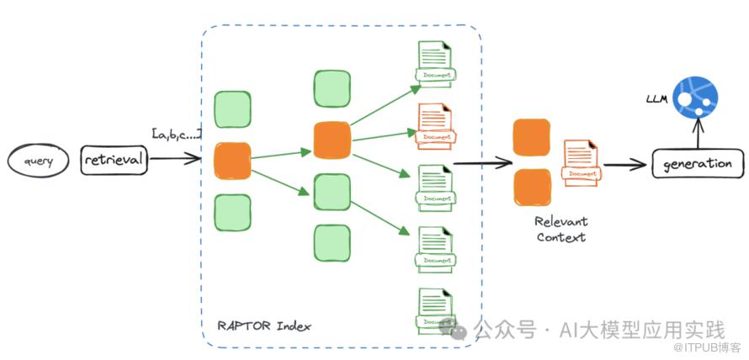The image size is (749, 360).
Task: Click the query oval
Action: click(x=35, y=160)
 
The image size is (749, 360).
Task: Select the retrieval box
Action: click(x=114, y=158)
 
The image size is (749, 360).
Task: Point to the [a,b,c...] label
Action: click(x=175, y=133)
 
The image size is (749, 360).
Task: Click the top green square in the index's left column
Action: click(x=231, y=109)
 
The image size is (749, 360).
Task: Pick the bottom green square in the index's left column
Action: click(x=231, y=211)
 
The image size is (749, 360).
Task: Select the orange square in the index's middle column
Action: click(x=332, y=140)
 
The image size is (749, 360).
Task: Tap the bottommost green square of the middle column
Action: click(x=332, y=241)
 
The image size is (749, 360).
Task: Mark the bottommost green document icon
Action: click(x=434, y=309)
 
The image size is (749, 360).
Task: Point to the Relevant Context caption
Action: click(x=561, y=229)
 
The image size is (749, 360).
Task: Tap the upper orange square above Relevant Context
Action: click(x=531, y=137)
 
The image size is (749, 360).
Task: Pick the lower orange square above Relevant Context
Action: click(x=531, y=187)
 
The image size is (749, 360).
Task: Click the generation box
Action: click(x=698, y=163)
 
